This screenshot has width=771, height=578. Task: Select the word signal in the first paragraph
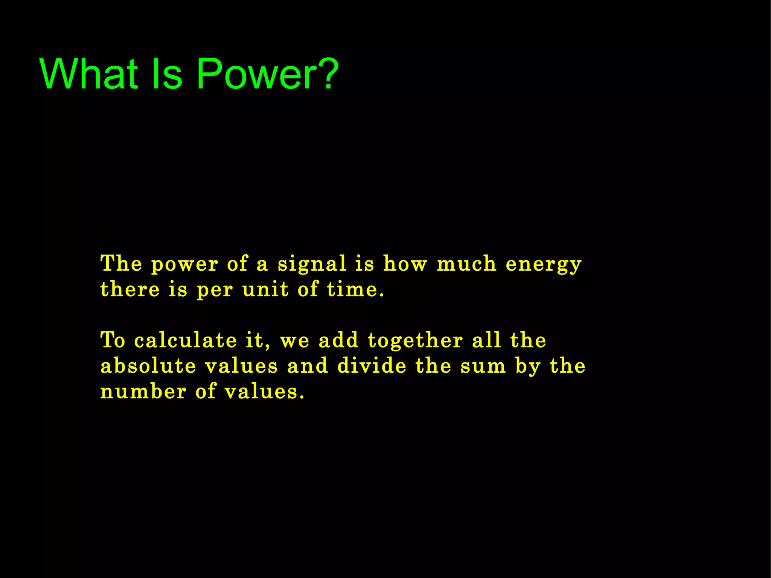pos(312,264)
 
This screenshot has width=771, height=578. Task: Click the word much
pos(466,264)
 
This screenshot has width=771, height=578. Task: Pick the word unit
pos(265,290)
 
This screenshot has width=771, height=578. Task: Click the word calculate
pos(185,340)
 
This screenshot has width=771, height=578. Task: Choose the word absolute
pos(148,366)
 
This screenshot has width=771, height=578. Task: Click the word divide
pos(372,366)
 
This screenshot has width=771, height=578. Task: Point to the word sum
pos(483,367)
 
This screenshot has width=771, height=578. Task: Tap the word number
pos(143,392)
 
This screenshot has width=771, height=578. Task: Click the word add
pos(338,340)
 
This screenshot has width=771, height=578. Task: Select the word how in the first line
pos(405,264)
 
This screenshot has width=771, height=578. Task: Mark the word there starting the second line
pos(130,290)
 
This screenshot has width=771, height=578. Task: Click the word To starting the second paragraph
pos(113,340)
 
